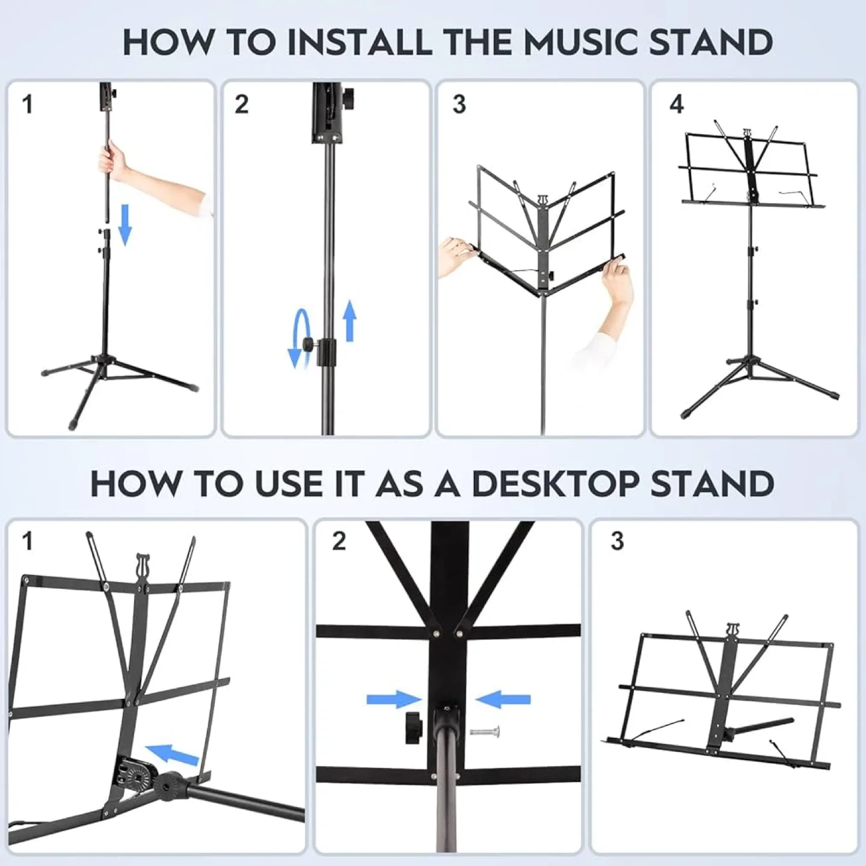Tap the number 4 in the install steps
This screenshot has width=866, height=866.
click(677, 105)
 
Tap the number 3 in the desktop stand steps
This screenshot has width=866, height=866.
click(617, 541)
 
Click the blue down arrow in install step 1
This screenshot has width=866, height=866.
click(124, 224)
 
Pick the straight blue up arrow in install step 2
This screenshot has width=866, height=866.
click(349, 322)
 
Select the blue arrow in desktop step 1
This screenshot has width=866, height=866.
click(172, 754)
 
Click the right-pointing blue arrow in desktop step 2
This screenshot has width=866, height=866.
click(394, 699)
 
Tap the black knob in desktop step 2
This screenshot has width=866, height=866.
click(414, 728)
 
